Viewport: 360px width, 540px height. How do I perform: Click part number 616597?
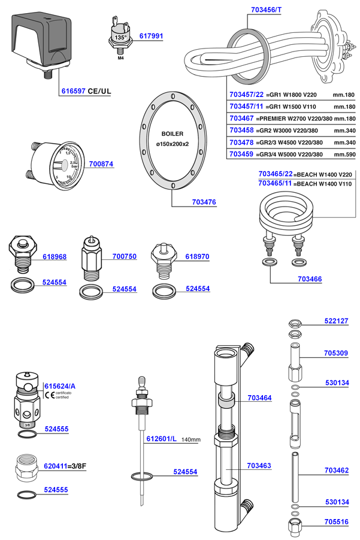pyautogui.click(x=73, y=92)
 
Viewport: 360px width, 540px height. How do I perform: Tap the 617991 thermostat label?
pyautogui.click(x=151, y=37)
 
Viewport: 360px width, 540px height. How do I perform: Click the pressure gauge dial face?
pyautogui.click(x=65, y=165)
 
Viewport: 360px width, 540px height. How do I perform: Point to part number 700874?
pyautogui.click(x=101, y=163)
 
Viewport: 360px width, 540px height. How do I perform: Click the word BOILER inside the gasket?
pyautogui.click(x=172, y=134)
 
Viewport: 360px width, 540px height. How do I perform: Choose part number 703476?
pyautogui.click(x=203, y=203)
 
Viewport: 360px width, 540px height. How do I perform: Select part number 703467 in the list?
pyautogui.click(x=242, y=119)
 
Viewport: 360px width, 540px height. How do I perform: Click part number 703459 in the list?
pyautogui.click(x=242, y=154)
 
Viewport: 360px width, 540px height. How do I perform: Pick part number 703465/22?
pyautogui.click(x=276, y=174)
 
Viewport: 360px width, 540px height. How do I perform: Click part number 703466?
pyautogui.click(x=310, y=279)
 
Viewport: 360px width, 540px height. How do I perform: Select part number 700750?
pyautogui.click(x=124, y=256)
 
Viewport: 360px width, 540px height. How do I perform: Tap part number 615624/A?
pyautogui.click(x=60, y=386)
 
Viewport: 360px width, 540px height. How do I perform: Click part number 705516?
pyautogui.click(x=336, y=521)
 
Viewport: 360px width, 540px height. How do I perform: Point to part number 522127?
pyautogui.click(x=336, y=321)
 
